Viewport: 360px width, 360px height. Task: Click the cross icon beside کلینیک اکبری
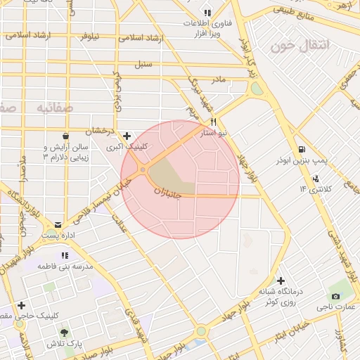[127, 136]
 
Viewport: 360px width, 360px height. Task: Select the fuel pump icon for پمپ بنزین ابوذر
[302, 148]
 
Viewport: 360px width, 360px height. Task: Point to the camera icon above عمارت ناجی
[335, 296]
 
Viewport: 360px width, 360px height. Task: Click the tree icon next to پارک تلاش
[65, 332]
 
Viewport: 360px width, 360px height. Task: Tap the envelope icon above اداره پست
[58, 224]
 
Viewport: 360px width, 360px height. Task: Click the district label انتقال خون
[300, 46]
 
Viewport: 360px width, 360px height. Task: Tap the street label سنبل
[143, 65]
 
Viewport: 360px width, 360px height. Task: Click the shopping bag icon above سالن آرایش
[65, 136]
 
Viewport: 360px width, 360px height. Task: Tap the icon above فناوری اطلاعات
[207, 13]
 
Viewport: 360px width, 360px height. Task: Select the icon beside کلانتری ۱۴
[316, 179]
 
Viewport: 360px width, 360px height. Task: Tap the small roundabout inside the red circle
[143, 170]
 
